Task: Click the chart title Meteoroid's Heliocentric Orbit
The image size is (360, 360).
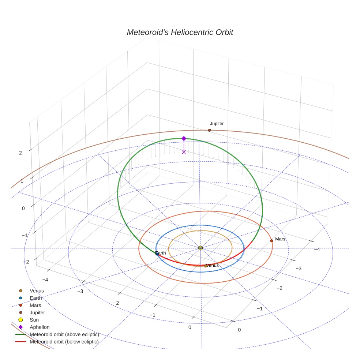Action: tap(180, 32)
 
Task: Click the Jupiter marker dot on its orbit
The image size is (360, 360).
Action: tap(209, 130)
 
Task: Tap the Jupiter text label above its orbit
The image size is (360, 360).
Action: tap(217, 124)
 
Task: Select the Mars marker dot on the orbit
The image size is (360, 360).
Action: tap(271, 241)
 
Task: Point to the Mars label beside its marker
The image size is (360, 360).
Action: tap(280, 239)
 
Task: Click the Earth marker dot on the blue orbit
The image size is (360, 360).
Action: tap(157, 254)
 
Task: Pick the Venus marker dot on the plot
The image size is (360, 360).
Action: tap(206, 266)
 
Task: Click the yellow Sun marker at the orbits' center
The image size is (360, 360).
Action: tap(200, 248)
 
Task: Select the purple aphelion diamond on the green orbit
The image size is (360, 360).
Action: tap(184, 138)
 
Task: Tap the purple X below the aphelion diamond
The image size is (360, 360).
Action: tap(184, 152)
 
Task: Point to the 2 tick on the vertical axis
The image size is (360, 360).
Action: tap(20, 153)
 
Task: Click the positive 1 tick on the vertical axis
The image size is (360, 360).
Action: tap(22, 181)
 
